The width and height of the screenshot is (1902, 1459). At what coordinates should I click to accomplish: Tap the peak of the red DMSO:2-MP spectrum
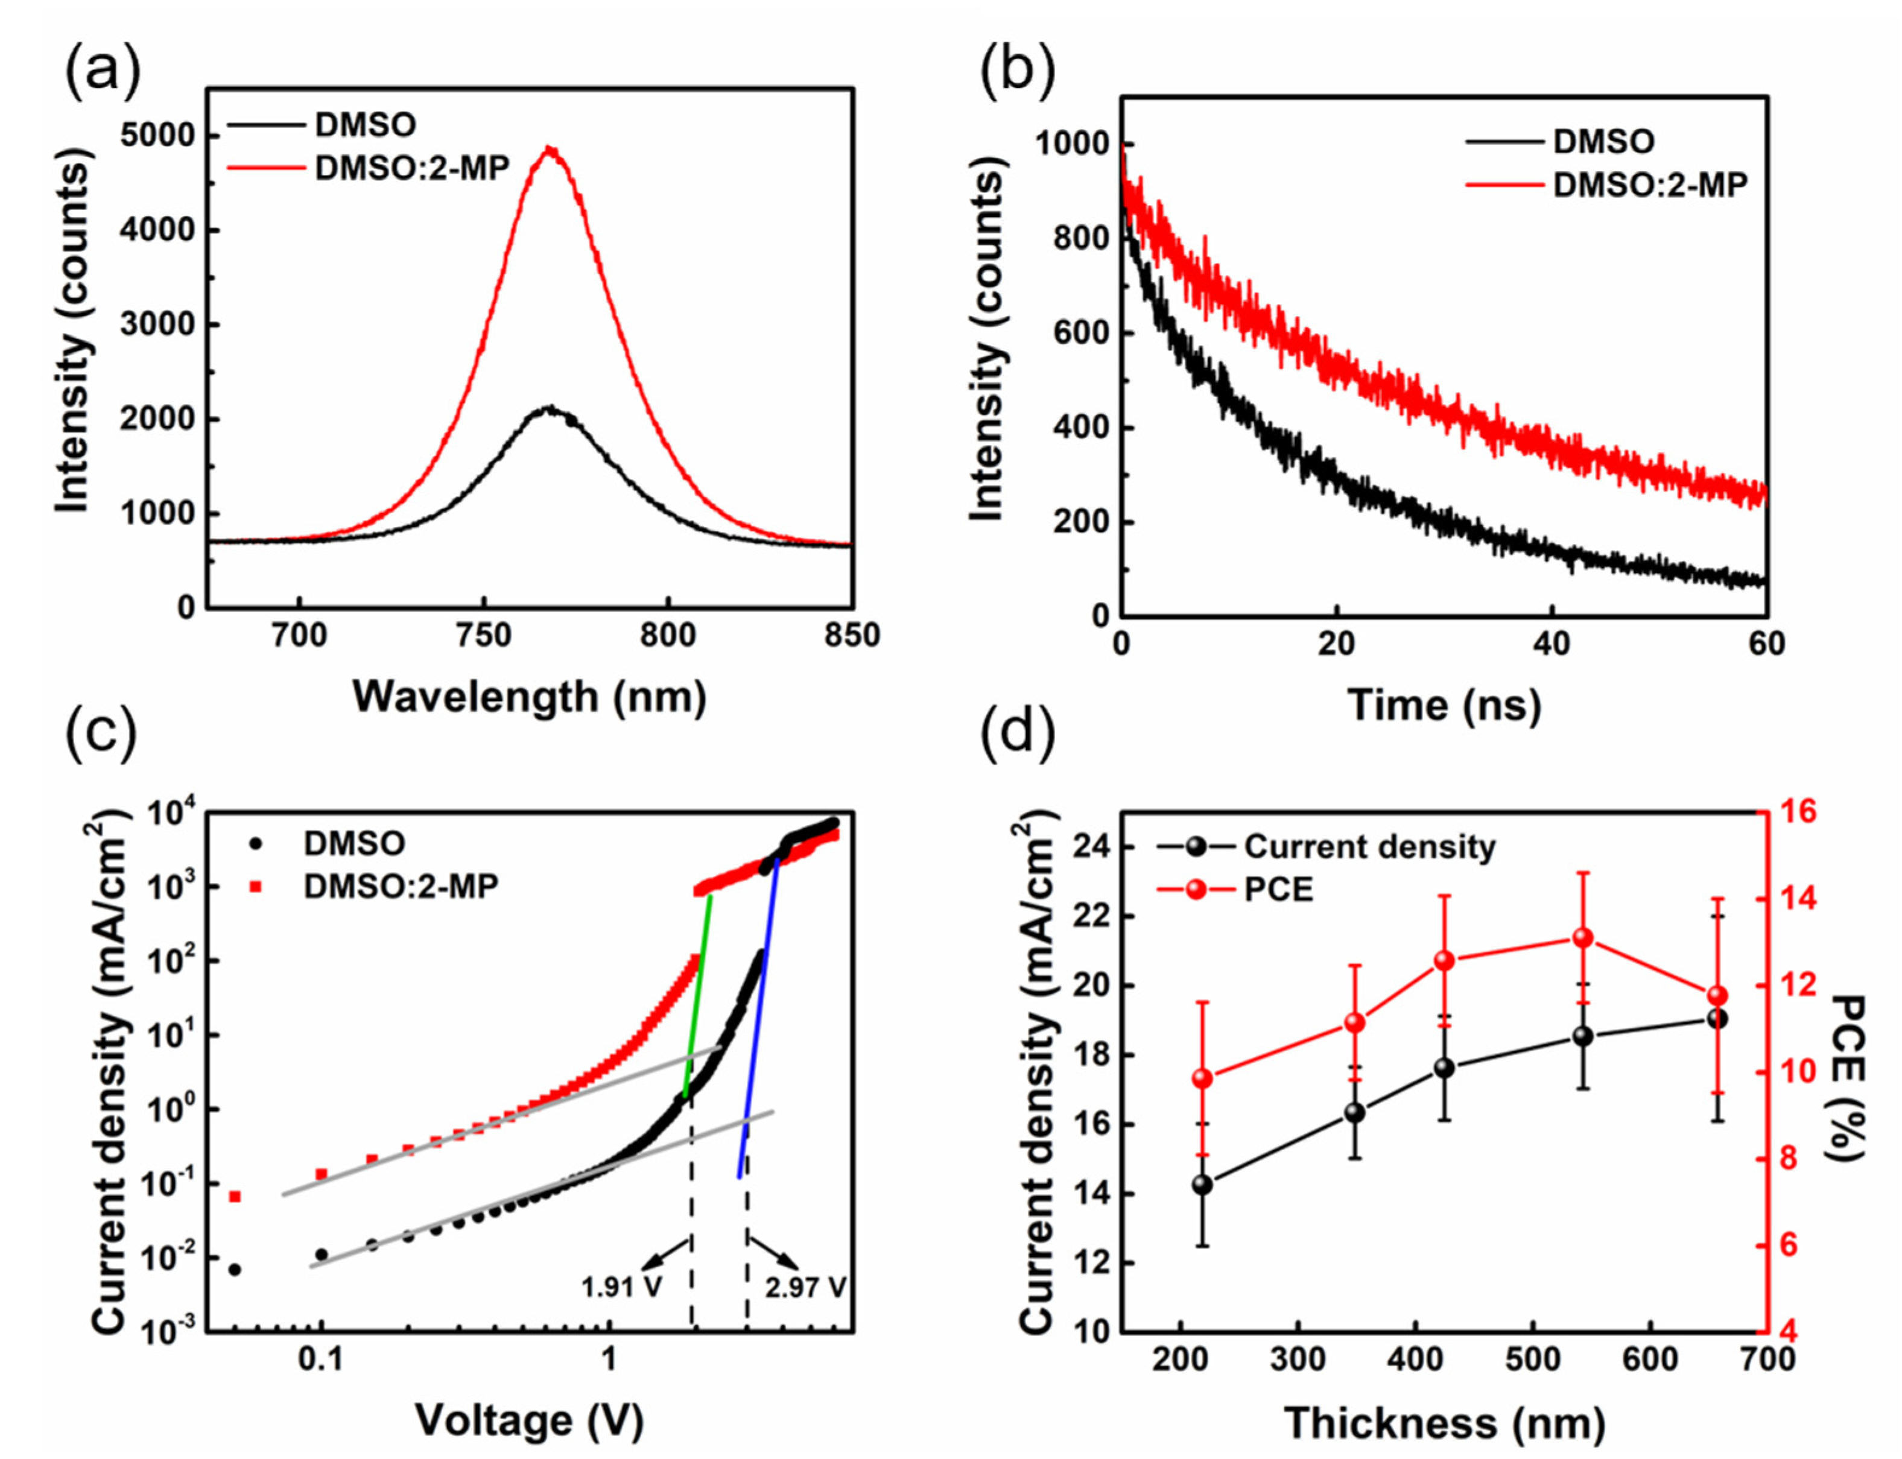[x=550, y=150]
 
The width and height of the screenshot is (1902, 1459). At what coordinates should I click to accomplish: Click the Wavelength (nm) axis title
[x=529, y=697]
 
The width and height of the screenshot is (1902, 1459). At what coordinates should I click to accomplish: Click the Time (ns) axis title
[x=1444, y=704]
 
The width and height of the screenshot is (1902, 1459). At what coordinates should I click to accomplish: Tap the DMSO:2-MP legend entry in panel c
[x=401, y=886]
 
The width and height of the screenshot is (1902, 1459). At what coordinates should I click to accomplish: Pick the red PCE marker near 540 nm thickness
[x=1582, y=937]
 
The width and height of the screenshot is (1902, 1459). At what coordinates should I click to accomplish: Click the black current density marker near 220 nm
[x=1203, y=1185]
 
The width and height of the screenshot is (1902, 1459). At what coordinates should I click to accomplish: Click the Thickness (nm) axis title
[x=1444, y=1424]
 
